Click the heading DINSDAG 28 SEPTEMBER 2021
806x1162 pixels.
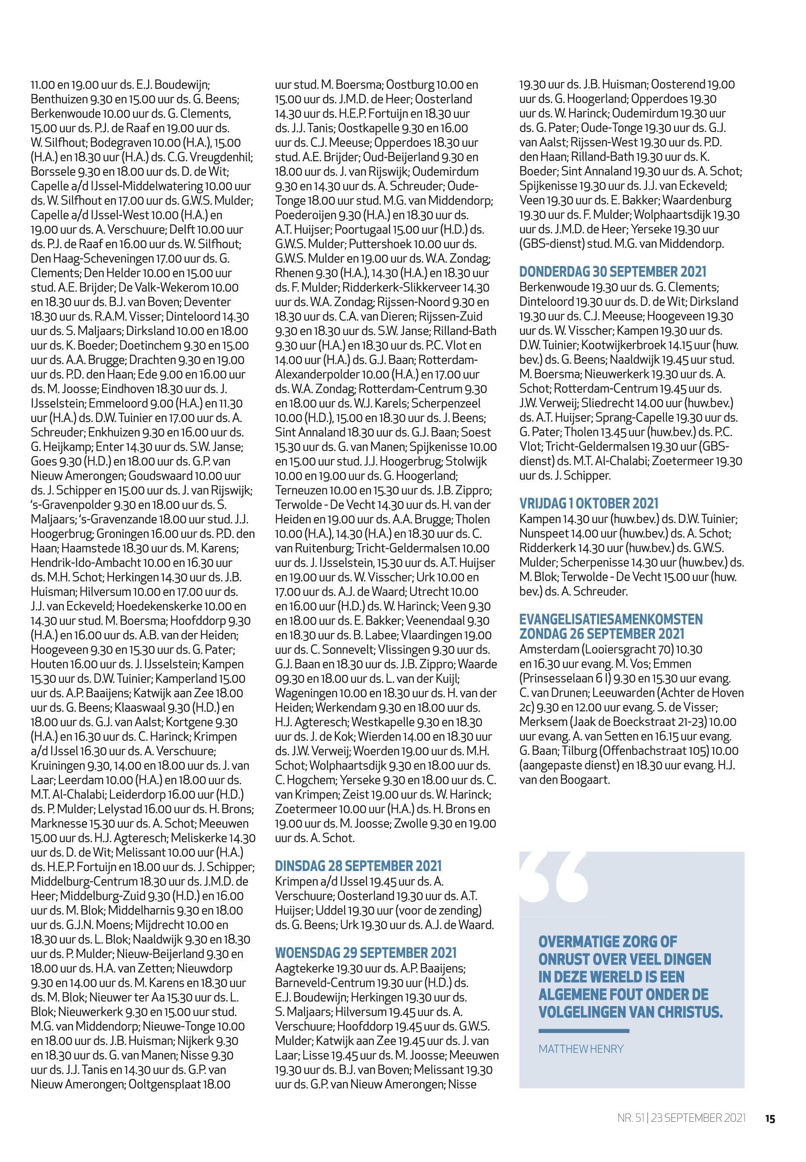[x=358, y=866]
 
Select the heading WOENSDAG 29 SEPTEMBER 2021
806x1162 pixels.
[x=366, y=953]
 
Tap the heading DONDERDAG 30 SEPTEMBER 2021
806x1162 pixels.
[x=612, y=272]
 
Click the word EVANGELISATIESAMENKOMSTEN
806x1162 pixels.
[x=611, y=619]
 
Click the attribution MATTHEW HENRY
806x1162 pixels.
[x=581, y=1049]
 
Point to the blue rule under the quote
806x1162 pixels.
[x=584, y=1030]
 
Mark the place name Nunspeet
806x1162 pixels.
[x=542, y=533]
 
